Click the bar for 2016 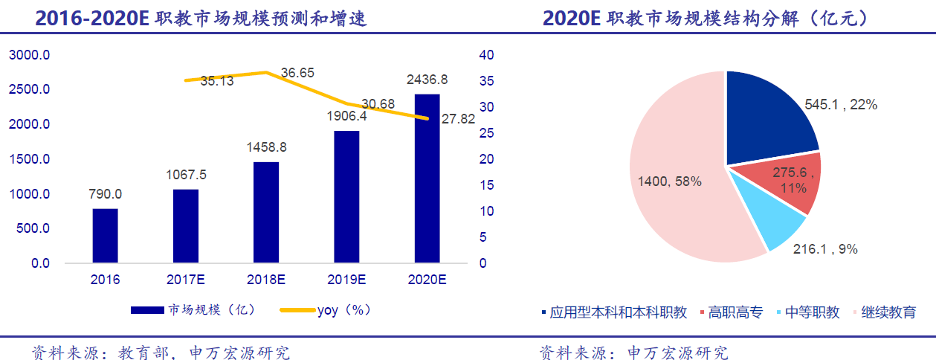[x=106, y=236]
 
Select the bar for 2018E [x=266, y=212]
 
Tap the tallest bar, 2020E [x=427, y=179]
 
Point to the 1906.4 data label [x=346, y=116]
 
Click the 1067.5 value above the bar [x=186, y=175]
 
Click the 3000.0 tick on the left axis [x=29, y=55]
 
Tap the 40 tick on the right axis [x=486, y=55]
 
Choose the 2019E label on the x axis [x=346, y=280]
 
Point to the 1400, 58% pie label [x=670, y=181]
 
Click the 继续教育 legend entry [x=888, y=312]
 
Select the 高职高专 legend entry [x=735, y=312]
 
